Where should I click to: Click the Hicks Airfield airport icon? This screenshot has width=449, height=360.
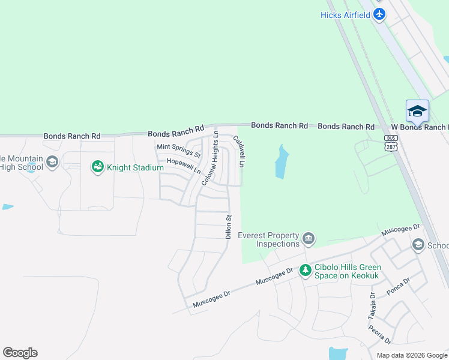click(x=379, y=14)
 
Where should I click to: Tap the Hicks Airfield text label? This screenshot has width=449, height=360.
click(x=345, y=14)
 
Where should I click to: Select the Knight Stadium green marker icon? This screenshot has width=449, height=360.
click(x=97, y=167)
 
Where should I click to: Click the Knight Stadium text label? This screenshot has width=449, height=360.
click(x=135, y=167)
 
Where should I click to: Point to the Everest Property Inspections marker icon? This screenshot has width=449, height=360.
click(x=309, y=238)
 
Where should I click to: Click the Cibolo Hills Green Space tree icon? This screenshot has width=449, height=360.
click(x=305, y=271)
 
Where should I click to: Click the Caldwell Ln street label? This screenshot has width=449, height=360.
click(x=240, y=153)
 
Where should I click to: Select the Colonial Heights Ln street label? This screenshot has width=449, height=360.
click(x=210, y=160)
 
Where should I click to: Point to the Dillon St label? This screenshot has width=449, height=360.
click(x=228, y=227)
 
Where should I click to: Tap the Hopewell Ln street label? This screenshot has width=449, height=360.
click(x=184, y=166)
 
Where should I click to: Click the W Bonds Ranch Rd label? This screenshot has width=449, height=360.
click(x=419, y=127)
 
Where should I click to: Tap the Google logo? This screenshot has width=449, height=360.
click(x=20, y=352)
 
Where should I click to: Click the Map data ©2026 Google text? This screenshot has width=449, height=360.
click(x=411, y=355)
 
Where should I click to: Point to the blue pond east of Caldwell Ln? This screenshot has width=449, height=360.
click(x=281, y=162)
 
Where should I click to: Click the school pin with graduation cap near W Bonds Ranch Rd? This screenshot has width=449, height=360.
click(x=417, y=111)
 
